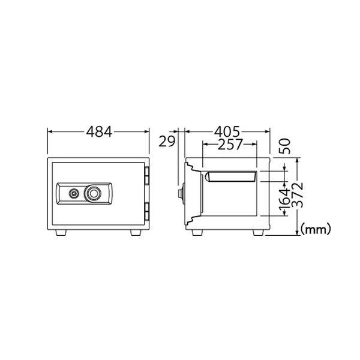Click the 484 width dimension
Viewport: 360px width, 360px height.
tap(99, 132)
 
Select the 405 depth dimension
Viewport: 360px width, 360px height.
tap(227, 132)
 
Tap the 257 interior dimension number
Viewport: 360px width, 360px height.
tap(230, 145)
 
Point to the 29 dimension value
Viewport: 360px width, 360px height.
tap(167, 142)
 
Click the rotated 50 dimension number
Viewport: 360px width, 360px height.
tap(284, 146)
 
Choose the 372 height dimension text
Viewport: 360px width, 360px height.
tap(299, 195)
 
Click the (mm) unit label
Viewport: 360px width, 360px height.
tap(316, 229)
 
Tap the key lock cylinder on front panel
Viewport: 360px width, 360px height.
tap(74, 193)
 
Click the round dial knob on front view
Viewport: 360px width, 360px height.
tap(93, 194)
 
